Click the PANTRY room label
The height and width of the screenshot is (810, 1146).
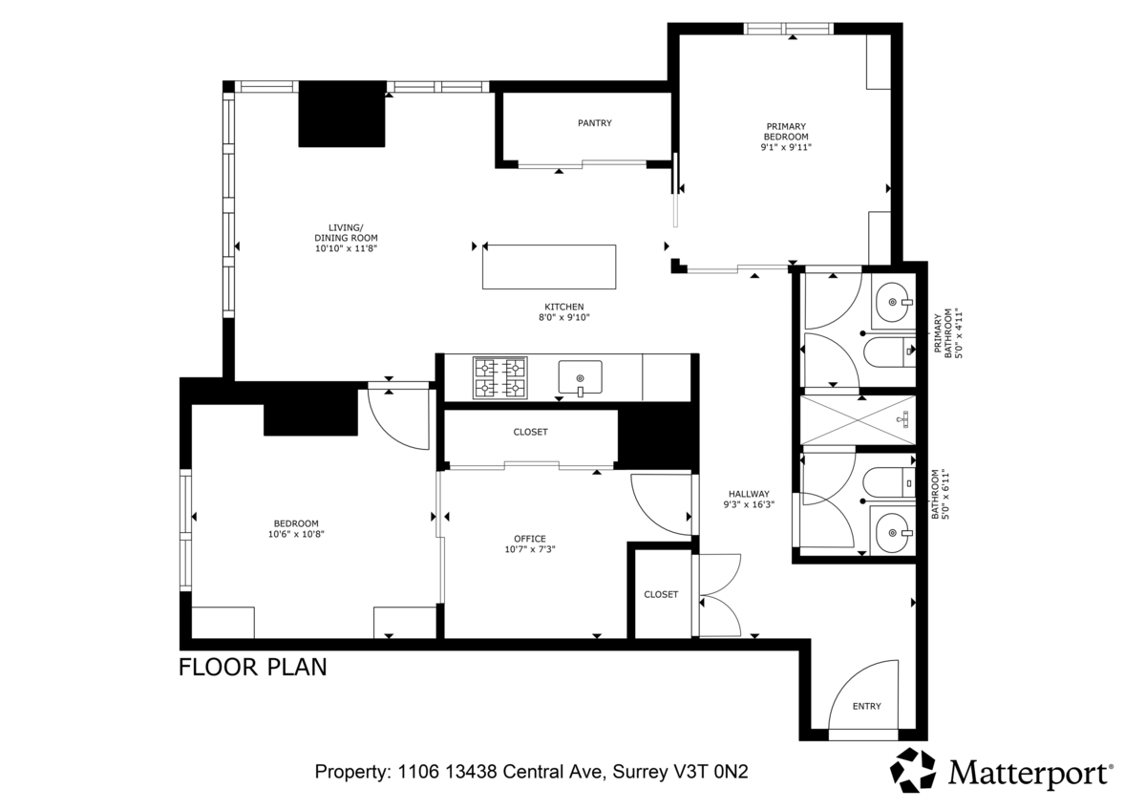click(594, 123)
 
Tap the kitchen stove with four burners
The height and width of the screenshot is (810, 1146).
click(500, 377)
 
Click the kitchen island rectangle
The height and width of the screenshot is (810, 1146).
click(549, 266)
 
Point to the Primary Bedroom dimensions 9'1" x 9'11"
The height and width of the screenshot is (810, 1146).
click(786, 148)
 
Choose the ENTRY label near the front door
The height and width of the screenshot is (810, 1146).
click(867, 707)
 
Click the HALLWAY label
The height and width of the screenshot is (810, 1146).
click(748, 494)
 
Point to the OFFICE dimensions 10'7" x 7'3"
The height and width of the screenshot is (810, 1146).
click(531, 550)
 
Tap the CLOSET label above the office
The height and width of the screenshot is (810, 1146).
click(531, 432)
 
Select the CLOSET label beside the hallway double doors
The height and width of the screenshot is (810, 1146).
click(661, 594)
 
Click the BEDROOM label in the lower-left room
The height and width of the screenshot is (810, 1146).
click(296, 523)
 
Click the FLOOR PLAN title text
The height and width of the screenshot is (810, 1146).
click(253, 667)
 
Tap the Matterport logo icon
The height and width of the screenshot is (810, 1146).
click(914, 770)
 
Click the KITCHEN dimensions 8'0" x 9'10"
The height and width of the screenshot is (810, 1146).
click(564, 319)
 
